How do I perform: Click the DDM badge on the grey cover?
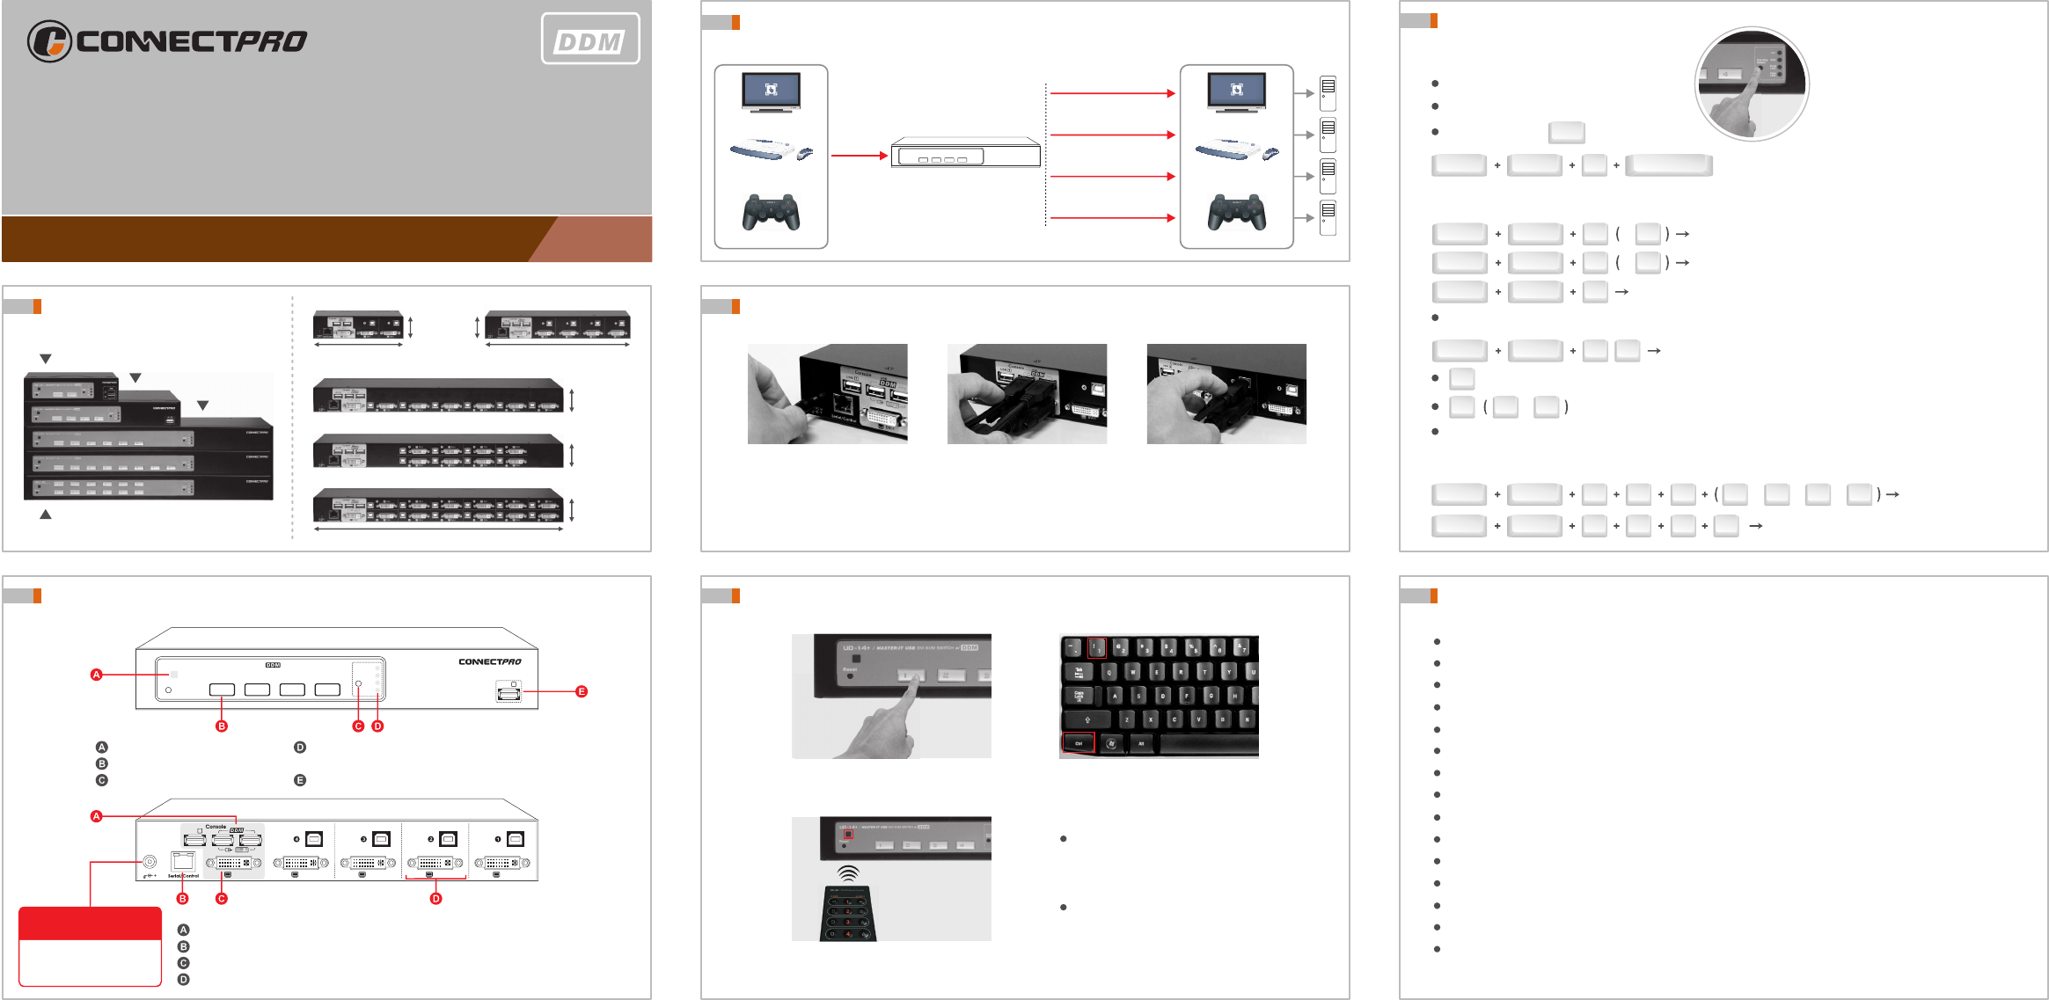click(x=589, y=40)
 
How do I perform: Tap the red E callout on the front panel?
click(x=582, y=691)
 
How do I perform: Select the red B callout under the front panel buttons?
click(x=222, y=726)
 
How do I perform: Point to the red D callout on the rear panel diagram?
click(x=435, y=898)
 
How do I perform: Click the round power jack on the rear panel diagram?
click(x=150, y=862)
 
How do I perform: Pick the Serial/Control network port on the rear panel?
click(x=183, y=861)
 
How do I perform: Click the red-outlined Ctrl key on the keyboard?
click(x=1079, y=743)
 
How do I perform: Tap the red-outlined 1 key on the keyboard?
click(x=1096, y=648)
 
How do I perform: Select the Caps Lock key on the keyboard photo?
click(x=1079, y=696)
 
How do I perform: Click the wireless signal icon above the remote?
click(x=848, y=873)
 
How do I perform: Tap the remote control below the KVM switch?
click(x=848, y=914)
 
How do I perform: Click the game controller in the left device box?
click(x=771, y=212)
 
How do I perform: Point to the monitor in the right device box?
click(x=1236, y=91)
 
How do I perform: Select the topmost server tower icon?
click(x=1328, y=92)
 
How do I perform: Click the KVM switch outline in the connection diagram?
click(x=965, y=154)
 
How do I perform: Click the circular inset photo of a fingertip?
click(x=1751, y=84)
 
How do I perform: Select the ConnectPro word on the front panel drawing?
click(x=489, y=661)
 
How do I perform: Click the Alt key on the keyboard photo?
click(x=1141, y=743)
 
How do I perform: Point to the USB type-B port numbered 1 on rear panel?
click(x=516, y=839)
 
